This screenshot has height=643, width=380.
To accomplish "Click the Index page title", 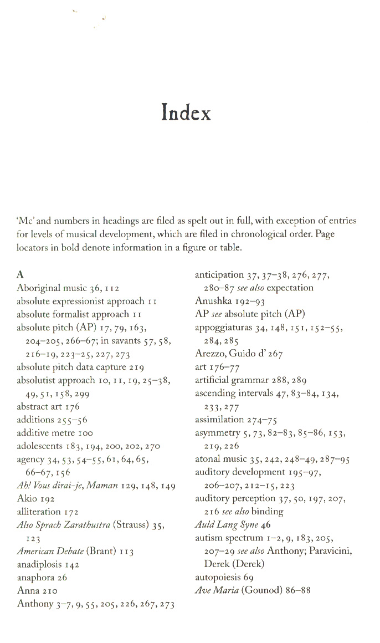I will click(187, 113).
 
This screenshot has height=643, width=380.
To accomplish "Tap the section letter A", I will click(20, 274).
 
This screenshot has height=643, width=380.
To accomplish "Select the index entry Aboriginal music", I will click(52, 288).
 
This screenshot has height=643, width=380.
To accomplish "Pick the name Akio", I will click(27, 499).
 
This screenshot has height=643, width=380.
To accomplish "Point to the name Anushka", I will click(213, 301).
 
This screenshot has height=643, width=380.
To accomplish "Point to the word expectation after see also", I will click(290, 288).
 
